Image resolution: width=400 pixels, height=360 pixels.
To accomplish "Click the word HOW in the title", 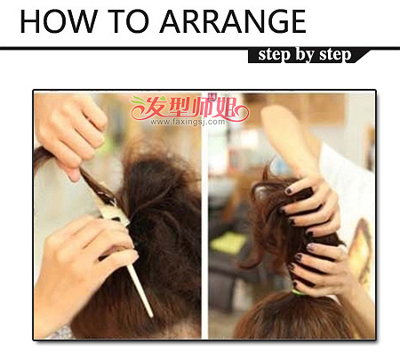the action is pyautogui.click(x=58, y=21).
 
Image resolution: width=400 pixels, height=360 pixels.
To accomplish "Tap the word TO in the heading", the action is pyautogui.click(x=128, y=21).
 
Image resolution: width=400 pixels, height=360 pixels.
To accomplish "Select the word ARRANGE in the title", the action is pyautogui.click(x=233, y=21).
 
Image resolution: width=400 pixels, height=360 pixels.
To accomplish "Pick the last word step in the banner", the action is pyautogui.click(x=335, y=55).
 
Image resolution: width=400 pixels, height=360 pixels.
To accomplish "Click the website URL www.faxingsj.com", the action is pyautogui.click(x=188, y=122).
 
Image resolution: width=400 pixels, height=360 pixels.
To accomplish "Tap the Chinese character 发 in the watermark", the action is pyautogui.click(x=155, y=107).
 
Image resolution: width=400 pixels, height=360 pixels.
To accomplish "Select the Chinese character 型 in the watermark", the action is pyautogui.click(x=180, y=107).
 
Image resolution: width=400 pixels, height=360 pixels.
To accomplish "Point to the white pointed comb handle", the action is pyautogui.click(x=140, y=291).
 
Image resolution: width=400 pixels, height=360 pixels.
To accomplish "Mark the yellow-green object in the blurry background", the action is pyautogui.click(x=228, y=243).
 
